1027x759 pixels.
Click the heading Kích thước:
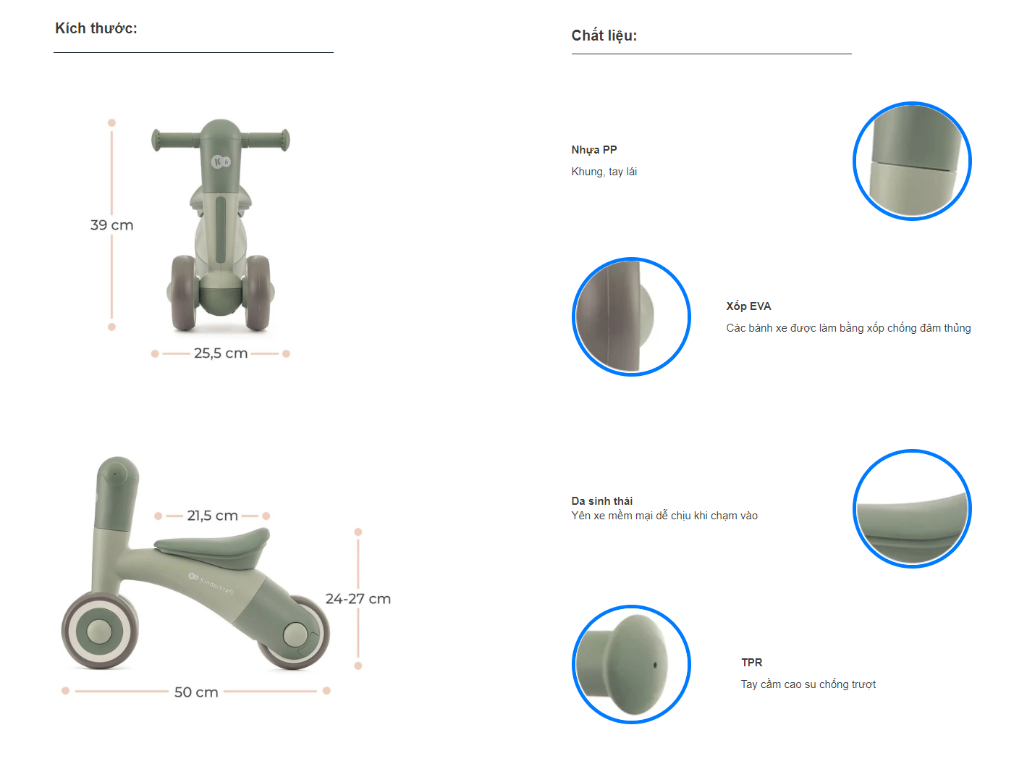(x=96, y=28)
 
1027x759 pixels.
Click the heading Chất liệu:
(x=604, y=35)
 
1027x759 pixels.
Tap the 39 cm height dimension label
(x=111, y=225)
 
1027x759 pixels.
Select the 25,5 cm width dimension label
(x=221, y=353)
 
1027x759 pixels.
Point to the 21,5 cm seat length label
(x=212, y=515)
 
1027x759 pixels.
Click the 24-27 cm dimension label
(x=358, y=598)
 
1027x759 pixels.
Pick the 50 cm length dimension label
(x=196, y=692)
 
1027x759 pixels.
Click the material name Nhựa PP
(x=593, y=150)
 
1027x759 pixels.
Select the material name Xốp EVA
(x=748, y=306)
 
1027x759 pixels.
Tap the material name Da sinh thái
(x=601, y=500)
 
